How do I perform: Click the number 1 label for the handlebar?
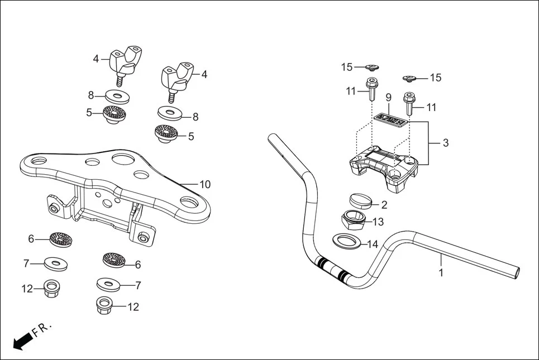pyautogui.click(x=441, y=273)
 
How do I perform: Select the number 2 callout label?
pyautogui.click(x=384, y=205)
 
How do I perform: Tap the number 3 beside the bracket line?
pyautogui.click(x=445, y=143)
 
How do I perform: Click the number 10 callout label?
pyautogui.click(x=205, y=184)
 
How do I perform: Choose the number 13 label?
pyautogui.click(x=378, y=222)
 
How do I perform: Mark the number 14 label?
pyautogui.click(x=373, y=244)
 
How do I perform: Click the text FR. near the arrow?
pyautogui.click(x=41, y=329)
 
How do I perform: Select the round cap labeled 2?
pyautogui.click(x=360, y=200)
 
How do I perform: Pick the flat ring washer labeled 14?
pyautogui.click(x=347, y=241)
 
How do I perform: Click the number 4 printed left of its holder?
pyautogui.click(x=96, y=58)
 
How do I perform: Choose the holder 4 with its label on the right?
pyautogui.click(x=177, y=78)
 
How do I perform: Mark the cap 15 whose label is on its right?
pyautogui.click(x=410, y=78)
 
